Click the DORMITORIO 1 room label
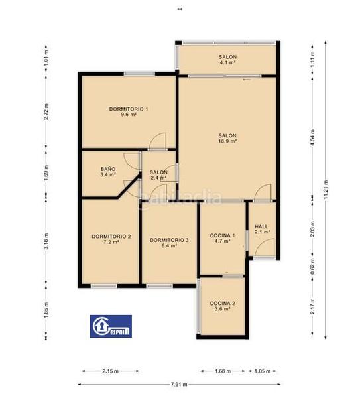(129, 109)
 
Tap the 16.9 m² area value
(227, 141)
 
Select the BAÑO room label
(108, 169)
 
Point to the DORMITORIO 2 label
(111, 237)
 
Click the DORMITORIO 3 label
(169, 240)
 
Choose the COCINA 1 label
(222, 235)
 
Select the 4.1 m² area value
(227, 64)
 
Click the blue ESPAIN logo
(109, 326)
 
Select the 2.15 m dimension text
(109, 371)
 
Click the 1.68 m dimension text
(223, 371)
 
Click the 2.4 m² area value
(158, 178)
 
